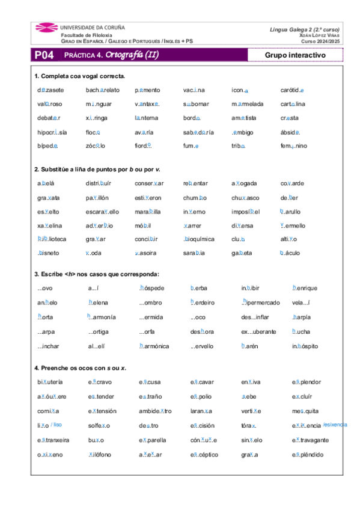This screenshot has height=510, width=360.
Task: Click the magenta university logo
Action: (46, 31)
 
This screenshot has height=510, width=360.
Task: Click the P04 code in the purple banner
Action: (44, 55)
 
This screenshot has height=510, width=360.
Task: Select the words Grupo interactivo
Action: (294, 55)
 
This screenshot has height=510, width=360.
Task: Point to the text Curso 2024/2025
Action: (320, 41)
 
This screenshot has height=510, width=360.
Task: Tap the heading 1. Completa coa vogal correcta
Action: (79, 76)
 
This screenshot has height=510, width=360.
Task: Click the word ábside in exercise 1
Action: (290, 132)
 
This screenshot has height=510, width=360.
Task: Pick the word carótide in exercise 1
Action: (292, 90)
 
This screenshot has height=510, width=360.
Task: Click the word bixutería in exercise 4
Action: (50, 382)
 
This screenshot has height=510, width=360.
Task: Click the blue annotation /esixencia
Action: (335, 425)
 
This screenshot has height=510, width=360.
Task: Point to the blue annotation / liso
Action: (56, 425)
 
